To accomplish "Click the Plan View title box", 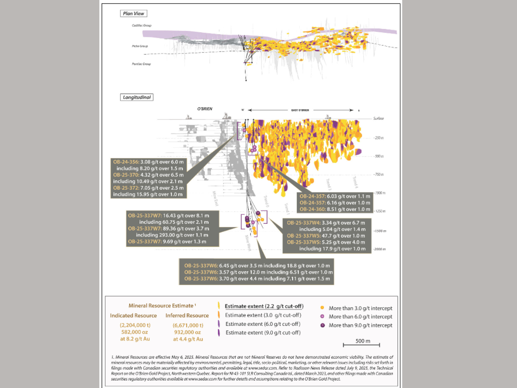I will click(133, 14).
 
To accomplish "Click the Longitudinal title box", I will click(136, 97).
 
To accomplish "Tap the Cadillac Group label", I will click(141, 26).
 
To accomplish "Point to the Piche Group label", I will click(140, 46).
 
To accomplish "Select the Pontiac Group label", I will click(141, 64).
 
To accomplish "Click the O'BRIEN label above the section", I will click(205, 109).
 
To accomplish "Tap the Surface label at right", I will click(378, 119).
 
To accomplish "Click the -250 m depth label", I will click(378, 138).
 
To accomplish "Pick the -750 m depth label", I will click(378, 175).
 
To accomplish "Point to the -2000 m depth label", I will click(379, 249).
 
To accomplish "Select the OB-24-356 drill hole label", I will click(126, 162).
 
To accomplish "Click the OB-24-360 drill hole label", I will click(312, 209).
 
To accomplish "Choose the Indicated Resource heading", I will click(133, 316).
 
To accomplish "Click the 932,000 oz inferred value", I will click(187, 332).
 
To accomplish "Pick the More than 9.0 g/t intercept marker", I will click(322, 325).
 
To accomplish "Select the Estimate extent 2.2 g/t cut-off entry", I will click(264, 306).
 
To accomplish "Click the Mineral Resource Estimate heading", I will click(161, 306).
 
